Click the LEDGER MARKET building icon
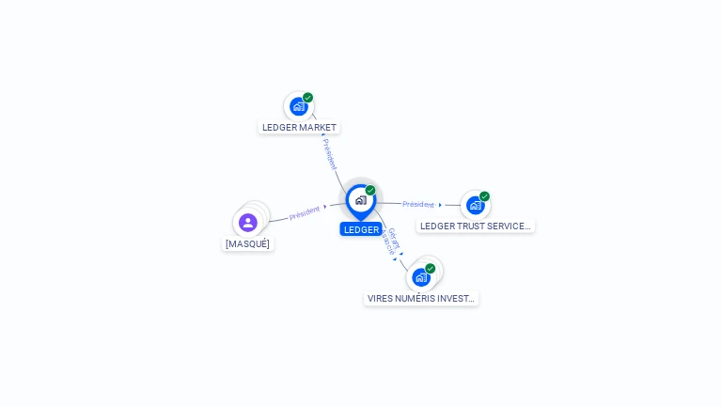[x=298, y=106]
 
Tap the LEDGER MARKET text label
[x=299, y=128]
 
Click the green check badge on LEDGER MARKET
[x=307, y=98]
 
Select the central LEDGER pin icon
[x=360, y=200]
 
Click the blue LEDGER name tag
[x=361, y=229]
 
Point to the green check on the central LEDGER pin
[x=370, y=191]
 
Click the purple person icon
[x=248, y=223]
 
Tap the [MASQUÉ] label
[x=248, y=244]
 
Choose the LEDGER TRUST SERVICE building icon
[x=475, y=205]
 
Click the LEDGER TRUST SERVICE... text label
[x=476, y=226]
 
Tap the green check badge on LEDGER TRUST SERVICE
[x=484, y=196]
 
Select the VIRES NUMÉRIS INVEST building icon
[x=420, y=277]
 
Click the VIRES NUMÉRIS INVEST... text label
[x=421, y=299]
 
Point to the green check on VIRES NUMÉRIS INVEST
[x=430, y=269]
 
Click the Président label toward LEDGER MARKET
[x=330, y=154]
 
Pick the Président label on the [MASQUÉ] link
[x=305, y=213]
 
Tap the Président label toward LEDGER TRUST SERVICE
[x=417, y=204]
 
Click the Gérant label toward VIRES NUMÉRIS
[x=394, y=238]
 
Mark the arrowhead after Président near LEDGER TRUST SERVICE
[x=440, y=205]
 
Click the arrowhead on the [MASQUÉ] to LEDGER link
[x=325, y=208]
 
